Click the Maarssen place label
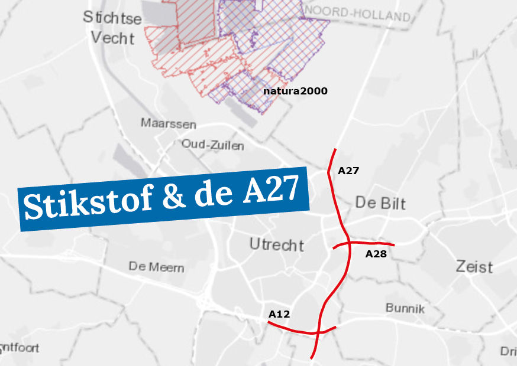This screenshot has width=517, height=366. click(x=168, y=124)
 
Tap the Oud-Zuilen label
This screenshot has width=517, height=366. click(x=212, y=145)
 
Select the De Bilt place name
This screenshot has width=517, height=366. click(x=380, y=203)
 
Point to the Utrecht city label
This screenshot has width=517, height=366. click(x=277, y=244)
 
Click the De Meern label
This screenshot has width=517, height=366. click(x=156, y=267)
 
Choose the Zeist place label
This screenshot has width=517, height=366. click(x=474, y=266)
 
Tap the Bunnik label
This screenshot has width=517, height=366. click(x=405, y=308)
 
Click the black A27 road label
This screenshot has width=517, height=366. click(x=348, y=171)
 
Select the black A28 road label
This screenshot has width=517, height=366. click(x=376, y=254)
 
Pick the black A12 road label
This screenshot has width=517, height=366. click(x=279, y=314)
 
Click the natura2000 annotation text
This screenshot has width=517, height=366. click(x=295, y=91)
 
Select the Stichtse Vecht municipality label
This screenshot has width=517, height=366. click(x=112, y=28)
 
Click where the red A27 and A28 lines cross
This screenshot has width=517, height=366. click(x=348, y=243)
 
